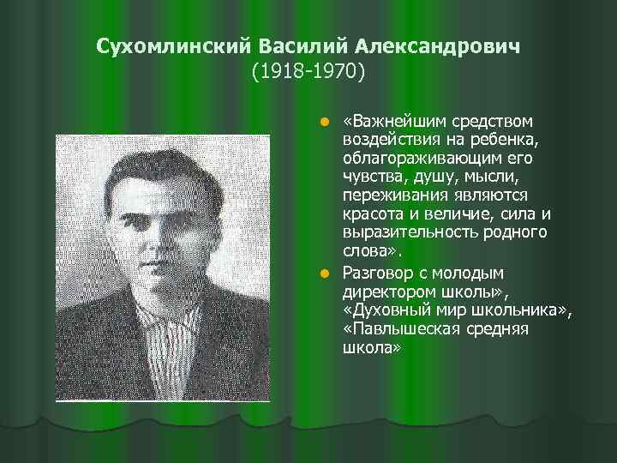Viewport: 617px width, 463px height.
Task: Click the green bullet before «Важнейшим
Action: [324, 119]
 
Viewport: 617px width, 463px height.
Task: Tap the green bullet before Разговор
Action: [324, 274]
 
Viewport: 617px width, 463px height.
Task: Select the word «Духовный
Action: [384, 310]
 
